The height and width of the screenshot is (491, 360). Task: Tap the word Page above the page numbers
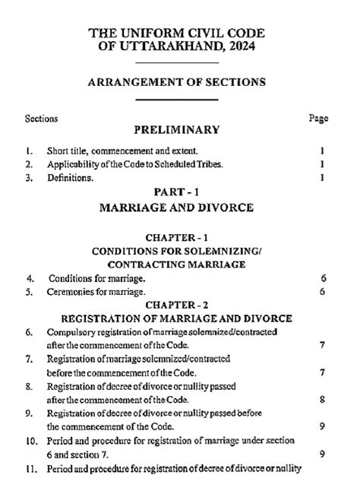(x=319, y=119)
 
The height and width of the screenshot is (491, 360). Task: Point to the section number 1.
(x=28, y=150)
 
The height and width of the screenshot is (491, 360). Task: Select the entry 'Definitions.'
(x=71, y=178)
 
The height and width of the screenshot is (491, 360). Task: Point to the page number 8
(x=323, y=399)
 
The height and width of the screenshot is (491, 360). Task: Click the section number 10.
(x=31, y=441)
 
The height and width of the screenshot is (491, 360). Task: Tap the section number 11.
(x=31, y=468)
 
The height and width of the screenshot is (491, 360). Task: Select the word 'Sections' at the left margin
(x=41, y=119)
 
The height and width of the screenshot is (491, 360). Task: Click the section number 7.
(x=28, y=359)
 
